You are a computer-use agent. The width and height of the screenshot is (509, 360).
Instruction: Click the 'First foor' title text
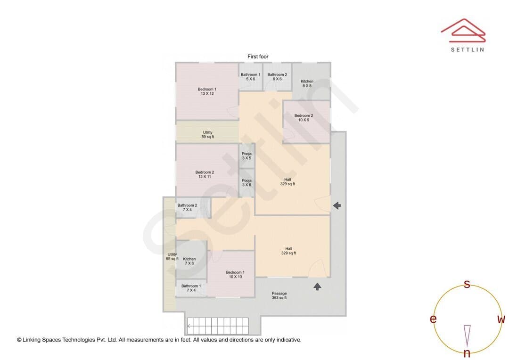[x=258, y=57]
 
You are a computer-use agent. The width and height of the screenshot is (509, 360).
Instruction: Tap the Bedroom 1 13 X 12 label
[x=207, y=91]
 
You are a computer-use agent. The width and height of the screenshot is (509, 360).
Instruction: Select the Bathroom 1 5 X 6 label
[x=250, y=77]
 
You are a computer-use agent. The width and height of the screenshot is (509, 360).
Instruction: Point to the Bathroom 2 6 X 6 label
[x=277, y=77]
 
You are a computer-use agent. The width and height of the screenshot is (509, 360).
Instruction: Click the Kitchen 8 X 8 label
[x=307, y=83]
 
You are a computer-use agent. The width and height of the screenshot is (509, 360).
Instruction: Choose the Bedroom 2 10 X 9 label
[x=304, y=117]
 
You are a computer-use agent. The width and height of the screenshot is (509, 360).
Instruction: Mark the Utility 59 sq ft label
[x=208, y=134]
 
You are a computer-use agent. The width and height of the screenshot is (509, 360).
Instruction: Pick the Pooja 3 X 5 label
[x=246, y=156]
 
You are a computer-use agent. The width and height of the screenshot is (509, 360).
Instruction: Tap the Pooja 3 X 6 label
[x=246, y=182]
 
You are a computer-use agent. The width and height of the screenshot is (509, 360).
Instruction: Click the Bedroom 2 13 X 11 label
[x=205, y=174]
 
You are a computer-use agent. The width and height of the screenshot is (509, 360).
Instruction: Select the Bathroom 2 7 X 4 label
[x=187, y=207]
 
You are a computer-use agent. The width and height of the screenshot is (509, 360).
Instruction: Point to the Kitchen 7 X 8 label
[x=189, y=261]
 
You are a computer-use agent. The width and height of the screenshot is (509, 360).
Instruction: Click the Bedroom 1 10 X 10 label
[x=235, y=274]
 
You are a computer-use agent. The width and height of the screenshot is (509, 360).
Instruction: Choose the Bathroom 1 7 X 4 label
[x=191, y=288]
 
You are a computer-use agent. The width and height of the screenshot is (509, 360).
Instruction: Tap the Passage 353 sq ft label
[x=279, y=295]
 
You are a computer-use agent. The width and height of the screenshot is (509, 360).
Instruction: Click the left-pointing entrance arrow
[x=337, y=205]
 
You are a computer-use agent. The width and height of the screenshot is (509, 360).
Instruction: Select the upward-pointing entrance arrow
[x=317, y=286]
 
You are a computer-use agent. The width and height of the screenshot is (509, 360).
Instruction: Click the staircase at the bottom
[x=218, y=326]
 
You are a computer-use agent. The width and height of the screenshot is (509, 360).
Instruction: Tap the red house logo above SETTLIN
[x=463, y=30]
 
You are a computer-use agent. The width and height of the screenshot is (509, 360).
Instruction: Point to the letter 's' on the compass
[x=467, y=284]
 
